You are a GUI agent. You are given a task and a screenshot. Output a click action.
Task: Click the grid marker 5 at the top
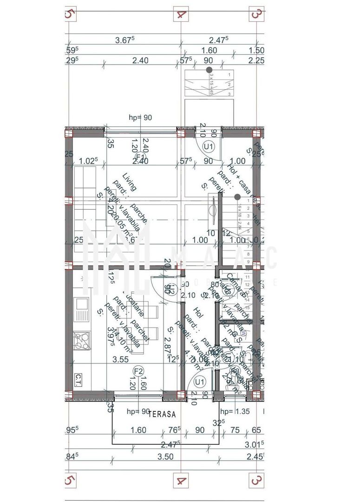tap(70, 14)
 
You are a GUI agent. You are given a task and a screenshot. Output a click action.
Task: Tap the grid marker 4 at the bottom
tap(181, 479)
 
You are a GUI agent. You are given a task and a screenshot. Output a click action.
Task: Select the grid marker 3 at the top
tap(256, 14)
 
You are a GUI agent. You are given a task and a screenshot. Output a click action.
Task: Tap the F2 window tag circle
tap(138, 371)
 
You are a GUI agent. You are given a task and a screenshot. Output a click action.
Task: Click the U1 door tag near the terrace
tap(201, 382)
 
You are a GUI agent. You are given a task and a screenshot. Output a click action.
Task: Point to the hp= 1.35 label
tap(235, 411)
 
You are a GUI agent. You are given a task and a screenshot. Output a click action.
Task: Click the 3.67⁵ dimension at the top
tap(124, 40)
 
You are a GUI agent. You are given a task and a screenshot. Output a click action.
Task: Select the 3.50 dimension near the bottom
tap(165, 456)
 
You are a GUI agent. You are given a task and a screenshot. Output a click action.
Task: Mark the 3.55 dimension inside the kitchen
tap(121, 359)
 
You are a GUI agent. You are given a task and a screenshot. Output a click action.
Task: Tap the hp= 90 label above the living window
tap(140, 118)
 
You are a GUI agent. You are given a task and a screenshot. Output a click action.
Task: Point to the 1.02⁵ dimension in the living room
tap(88, 161)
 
